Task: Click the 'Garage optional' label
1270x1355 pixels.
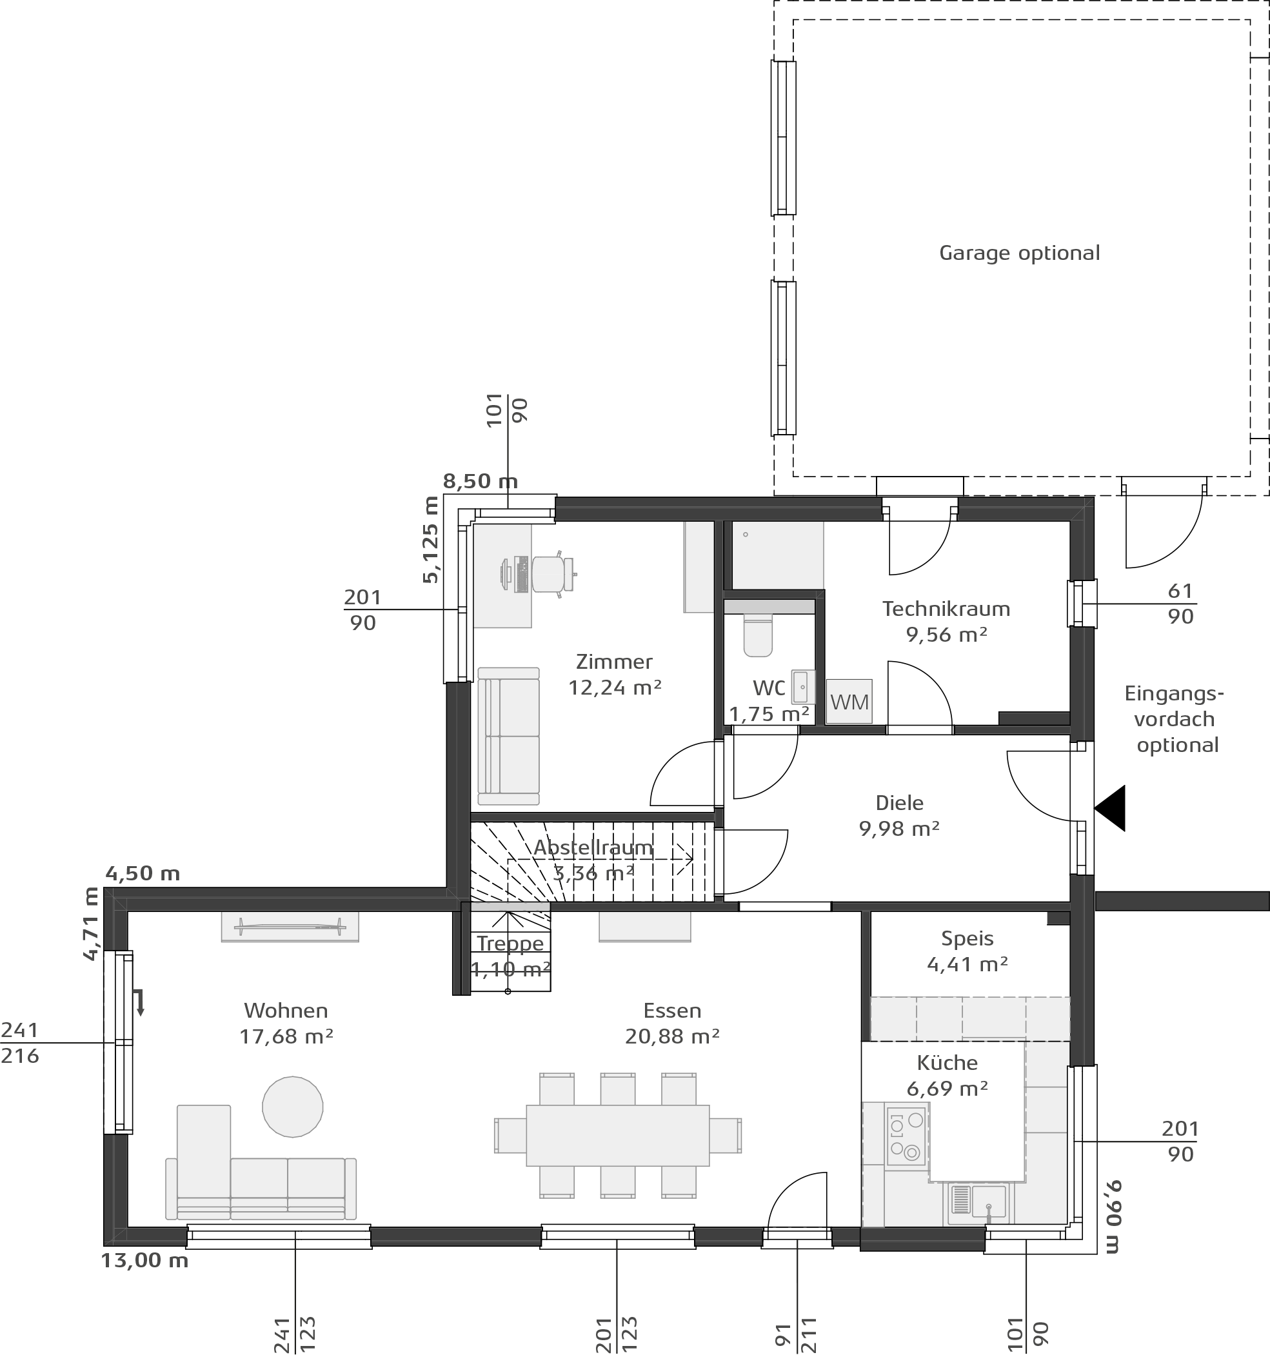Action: [x=1019, y=253]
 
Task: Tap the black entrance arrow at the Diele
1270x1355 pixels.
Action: [x=1110, y=808]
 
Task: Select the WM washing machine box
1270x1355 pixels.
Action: [x=849, y=701]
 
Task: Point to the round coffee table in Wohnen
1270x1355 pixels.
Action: [x=292, y=1106]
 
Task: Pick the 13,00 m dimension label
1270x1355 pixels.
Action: [x=145, y=1261]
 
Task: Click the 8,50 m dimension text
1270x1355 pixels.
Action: [x=481, y=482]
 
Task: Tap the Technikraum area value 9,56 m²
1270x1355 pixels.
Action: [x=947, y=635]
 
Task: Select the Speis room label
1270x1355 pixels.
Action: [x=967, y=939]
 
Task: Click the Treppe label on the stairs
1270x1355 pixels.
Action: [x=511, y=944]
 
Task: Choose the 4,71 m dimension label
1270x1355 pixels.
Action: [x=92, y=924]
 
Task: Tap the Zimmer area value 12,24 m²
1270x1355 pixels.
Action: [x=615, y=687]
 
